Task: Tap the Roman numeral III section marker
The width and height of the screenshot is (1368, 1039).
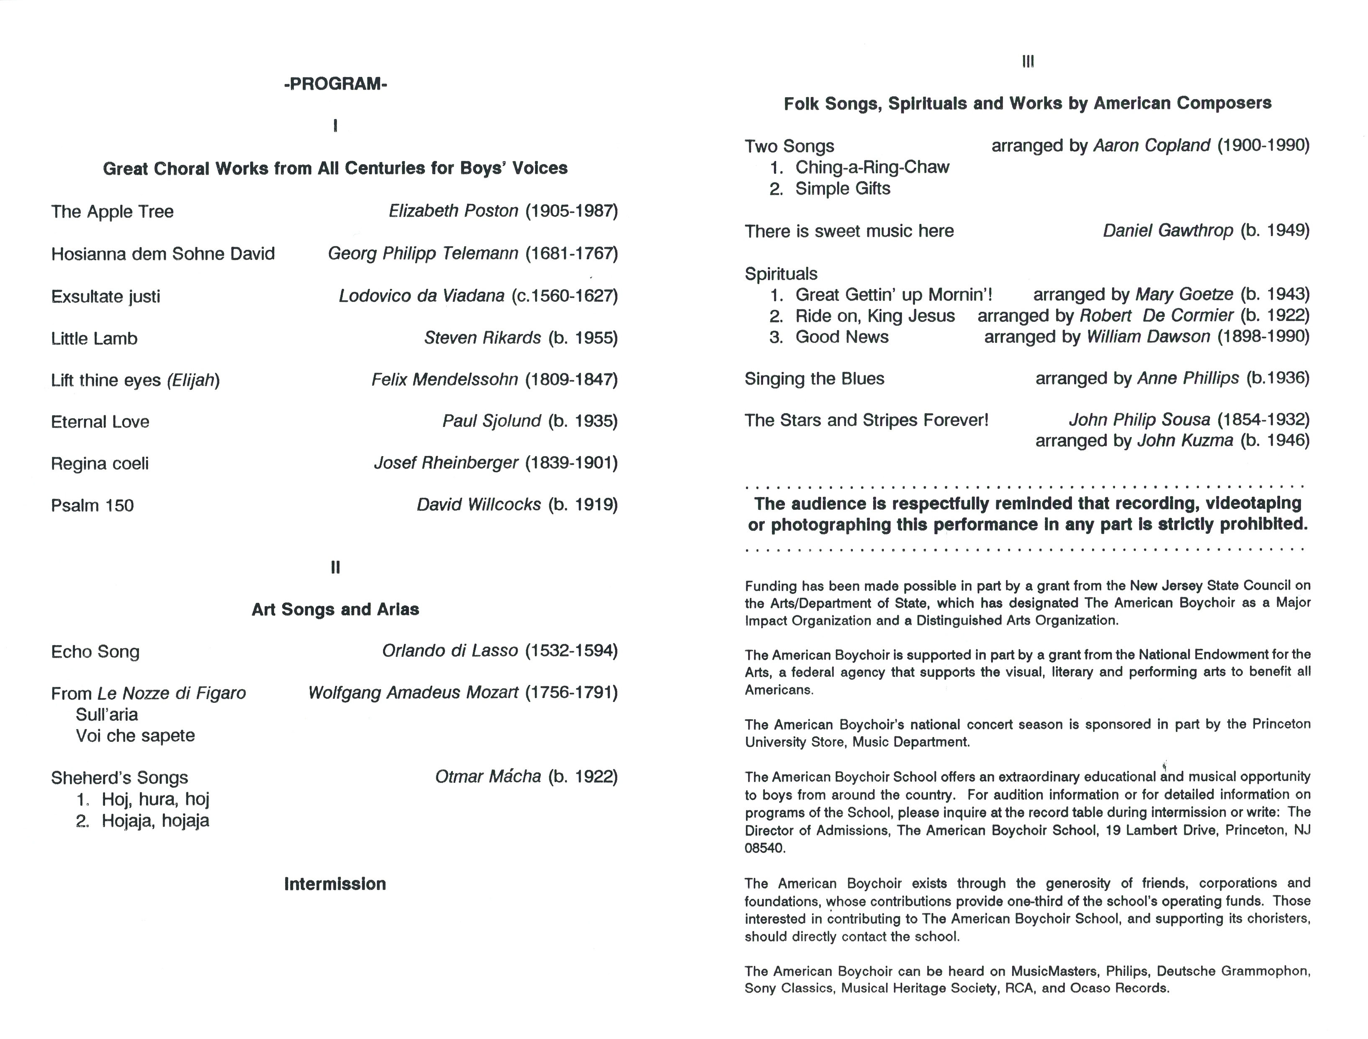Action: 1028,62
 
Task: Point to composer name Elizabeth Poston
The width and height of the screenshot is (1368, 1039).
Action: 453,211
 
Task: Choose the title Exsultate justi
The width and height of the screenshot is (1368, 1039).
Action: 106,296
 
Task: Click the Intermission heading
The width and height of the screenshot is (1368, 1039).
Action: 335,884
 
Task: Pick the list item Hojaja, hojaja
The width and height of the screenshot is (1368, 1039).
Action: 155,820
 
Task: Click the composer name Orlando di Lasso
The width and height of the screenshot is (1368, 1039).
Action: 450,651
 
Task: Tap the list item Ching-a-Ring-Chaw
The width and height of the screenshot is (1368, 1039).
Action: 872,167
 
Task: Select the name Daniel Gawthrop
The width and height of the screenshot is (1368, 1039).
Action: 1167,231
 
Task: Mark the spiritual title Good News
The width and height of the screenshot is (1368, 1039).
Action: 842,337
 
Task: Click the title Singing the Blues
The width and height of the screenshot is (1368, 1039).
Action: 815,378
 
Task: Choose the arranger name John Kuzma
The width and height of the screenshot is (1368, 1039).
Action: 1185,441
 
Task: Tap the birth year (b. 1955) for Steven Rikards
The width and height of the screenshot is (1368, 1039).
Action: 583,338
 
